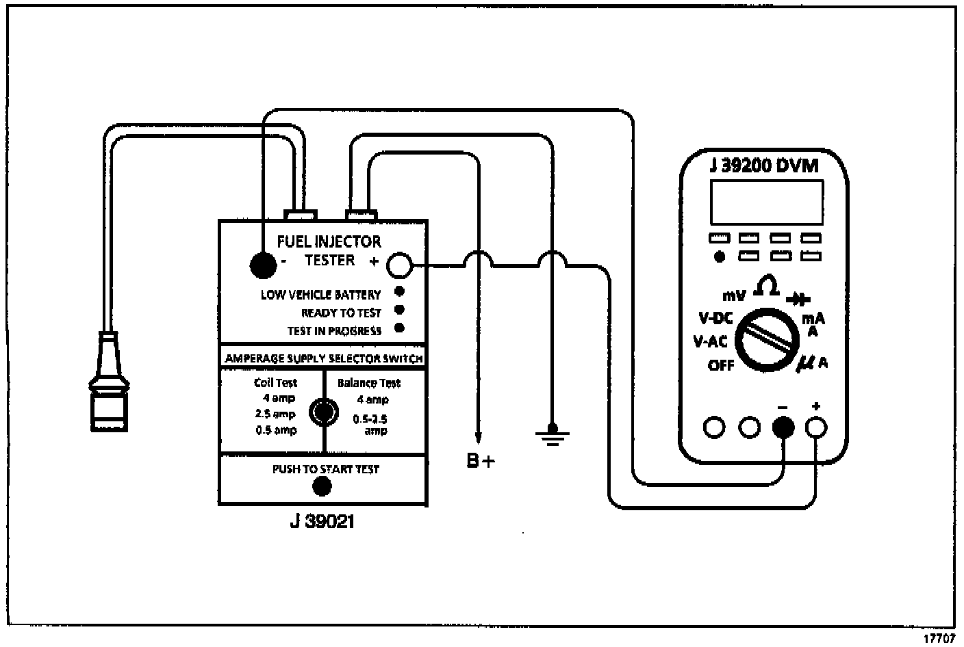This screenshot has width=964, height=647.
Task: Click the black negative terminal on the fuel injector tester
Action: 262,265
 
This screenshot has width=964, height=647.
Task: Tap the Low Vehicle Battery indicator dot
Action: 399,291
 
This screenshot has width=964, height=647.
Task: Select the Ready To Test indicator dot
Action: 399,311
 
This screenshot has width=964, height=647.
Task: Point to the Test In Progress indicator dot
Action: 399,328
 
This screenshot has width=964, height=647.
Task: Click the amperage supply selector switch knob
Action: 322,412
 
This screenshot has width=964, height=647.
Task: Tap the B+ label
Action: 480,462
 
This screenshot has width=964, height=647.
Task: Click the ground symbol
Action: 551,434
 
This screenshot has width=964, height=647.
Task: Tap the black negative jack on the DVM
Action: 783,427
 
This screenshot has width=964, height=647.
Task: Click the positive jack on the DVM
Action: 816,427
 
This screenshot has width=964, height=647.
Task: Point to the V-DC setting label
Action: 715,318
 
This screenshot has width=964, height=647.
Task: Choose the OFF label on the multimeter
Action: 720,365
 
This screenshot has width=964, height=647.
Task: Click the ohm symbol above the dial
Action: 766,287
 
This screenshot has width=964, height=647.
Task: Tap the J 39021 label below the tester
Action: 321,522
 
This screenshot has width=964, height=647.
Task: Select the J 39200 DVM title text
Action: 763,166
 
